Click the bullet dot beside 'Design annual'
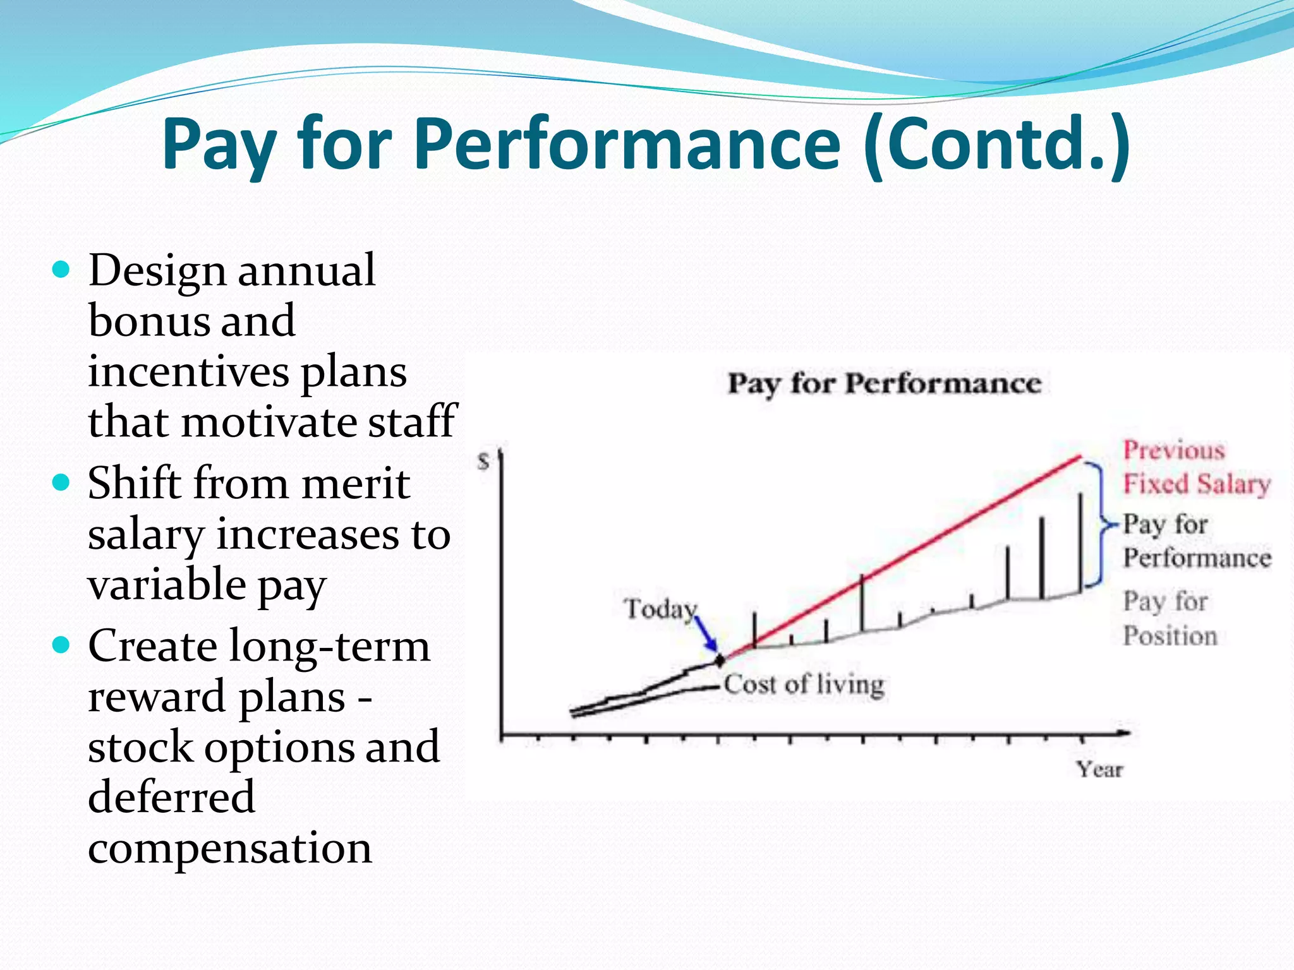(x=61, y=271)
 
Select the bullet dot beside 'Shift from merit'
(x=61, y=484)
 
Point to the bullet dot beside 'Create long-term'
(x=61, y=646)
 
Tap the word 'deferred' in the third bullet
(x=171, y=796)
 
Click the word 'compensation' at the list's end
(x=229, y=848)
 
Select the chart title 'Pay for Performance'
(x=884, y=383)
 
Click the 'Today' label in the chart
(x=660, y=609)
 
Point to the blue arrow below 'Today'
(x=707, y=633)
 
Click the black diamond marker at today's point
(x=720, y=661)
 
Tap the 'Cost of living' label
(x=804, y=685)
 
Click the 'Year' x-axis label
(x=1099, y=769)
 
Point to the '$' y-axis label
(x=483, y=462)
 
